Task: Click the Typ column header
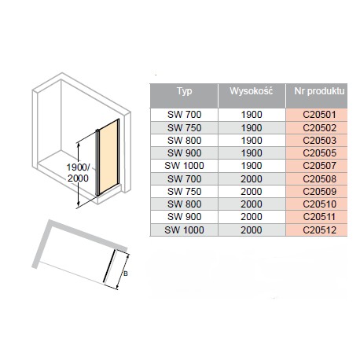184,91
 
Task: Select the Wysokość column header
252,91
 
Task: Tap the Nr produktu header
319,91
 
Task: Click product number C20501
319,115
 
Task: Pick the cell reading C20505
319,153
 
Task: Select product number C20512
319,230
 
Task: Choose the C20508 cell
319,179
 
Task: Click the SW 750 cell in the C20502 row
184,128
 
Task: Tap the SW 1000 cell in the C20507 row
184,166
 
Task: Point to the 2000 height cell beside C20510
252,204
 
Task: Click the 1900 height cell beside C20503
252,141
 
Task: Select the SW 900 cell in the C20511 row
184,217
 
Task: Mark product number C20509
319,192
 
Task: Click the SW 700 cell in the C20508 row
184,179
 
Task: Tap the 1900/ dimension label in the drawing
78,167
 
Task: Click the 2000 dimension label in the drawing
78,178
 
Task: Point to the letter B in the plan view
126,274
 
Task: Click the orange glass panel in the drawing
108,157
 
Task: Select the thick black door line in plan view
109,266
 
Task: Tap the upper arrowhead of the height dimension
78,145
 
